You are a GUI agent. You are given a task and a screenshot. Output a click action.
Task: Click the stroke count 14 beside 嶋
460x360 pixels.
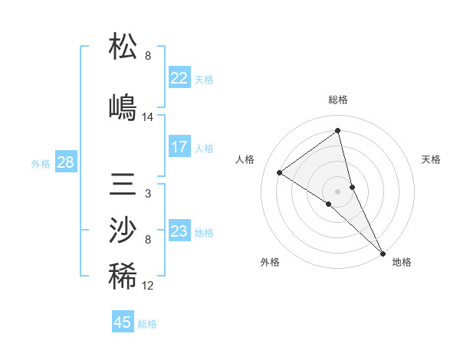(x=148, y=117)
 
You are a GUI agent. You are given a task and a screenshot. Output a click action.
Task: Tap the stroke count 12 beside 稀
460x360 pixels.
(x=148, y=286)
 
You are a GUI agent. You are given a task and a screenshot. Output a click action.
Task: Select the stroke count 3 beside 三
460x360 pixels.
(x=148, y=194)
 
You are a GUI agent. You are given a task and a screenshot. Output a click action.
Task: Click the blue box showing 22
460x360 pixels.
(x=179, y=78)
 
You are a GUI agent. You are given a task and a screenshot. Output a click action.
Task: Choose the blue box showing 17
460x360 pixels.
(x=179, y=147)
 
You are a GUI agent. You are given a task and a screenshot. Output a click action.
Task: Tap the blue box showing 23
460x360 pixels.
(x=179, y=231)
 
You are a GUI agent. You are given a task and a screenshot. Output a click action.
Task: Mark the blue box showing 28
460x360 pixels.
(x=65, y=162)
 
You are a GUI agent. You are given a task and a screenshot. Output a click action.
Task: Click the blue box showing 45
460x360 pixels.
(x=123, y=322)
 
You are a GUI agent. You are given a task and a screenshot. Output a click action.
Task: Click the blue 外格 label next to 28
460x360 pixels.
(x=41, y=163)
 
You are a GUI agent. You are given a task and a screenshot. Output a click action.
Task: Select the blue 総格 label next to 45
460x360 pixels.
(x=147, y=324)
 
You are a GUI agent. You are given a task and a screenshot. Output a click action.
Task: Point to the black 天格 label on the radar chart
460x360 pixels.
(x=431, y=159)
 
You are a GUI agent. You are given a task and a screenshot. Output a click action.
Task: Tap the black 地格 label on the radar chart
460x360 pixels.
(x=402, y=262)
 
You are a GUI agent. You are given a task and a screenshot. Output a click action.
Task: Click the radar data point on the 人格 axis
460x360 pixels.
(x=280, y=172)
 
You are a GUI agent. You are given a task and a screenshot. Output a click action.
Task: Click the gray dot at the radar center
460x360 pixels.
(x=338, y=190)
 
